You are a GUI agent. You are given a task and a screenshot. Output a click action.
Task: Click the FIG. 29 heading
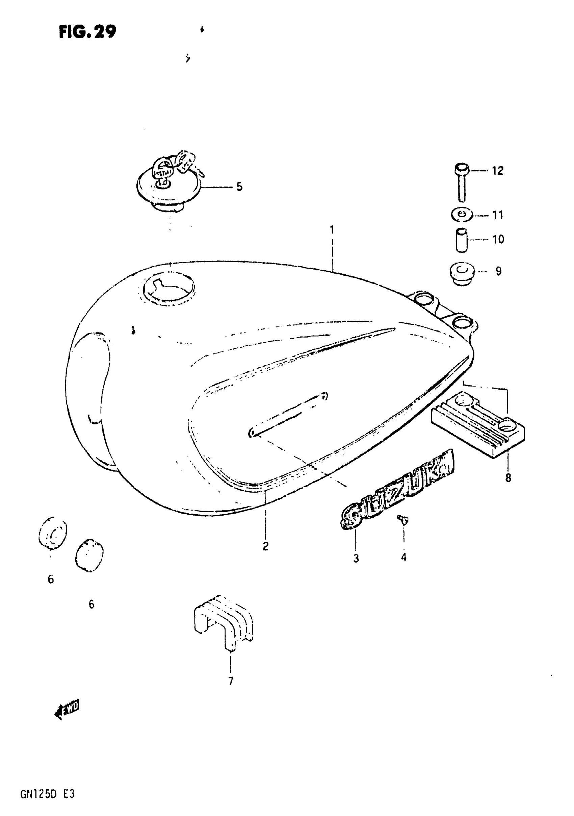87,32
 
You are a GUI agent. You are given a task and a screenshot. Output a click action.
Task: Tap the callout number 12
498,171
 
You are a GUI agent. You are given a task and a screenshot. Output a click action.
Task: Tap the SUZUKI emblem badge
397,490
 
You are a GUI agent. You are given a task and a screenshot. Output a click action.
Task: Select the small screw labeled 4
403,520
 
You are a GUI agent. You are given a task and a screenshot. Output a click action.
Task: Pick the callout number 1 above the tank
332,230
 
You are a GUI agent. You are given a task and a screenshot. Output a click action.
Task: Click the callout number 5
239,187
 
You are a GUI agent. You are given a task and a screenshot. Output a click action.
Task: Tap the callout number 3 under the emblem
356,558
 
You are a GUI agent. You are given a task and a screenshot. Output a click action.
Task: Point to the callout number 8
508,478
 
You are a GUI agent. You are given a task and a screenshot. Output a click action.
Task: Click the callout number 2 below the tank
265,546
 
